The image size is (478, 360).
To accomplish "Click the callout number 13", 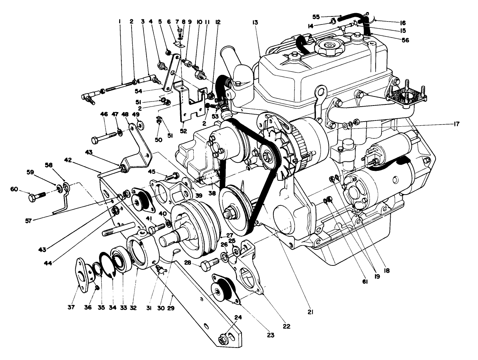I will coord(255,22).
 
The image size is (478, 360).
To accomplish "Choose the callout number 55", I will coord(316,16).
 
